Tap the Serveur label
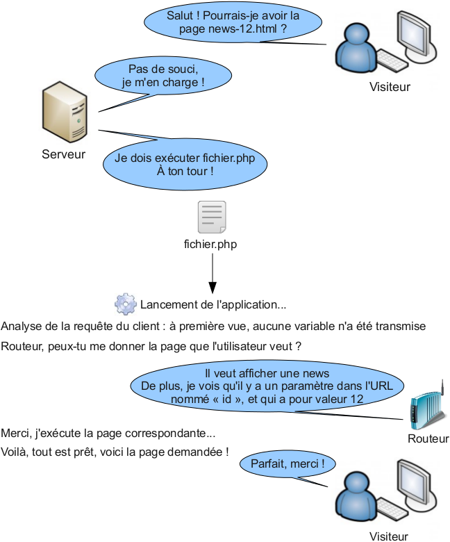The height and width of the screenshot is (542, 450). (x=63, y=154)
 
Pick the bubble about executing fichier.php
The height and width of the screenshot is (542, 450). (x=185, y=164)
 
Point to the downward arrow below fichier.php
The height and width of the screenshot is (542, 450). (x=212, y=272)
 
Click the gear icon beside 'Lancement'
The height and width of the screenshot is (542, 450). (x=125, y=304)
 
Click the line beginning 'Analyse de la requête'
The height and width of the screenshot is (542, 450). (x=213, y=327)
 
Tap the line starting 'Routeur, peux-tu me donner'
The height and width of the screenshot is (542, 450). (x=151, y=346)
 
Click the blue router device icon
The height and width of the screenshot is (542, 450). (x=424, y=410)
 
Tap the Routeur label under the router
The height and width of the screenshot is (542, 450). (x=428, y=439)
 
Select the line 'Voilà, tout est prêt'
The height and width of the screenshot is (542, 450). (x=115, y=452)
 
